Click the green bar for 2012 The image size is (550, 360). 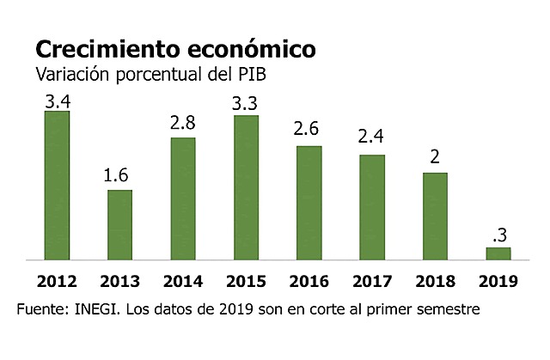point(57,185)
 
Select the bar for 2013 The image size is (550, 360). point(119,224)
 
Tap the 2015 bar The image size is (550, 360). point(246,187)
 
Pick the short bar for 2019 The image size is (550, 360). point(498,253)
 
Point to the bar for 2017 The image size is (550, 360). point(372,207)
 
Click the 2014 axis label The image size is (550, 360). point(183,281)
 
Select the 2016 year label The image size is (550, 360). point(309,281)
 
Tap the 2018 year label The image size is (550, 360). point(435,281)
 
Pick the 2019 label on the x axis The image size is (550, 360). point(498,281)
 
